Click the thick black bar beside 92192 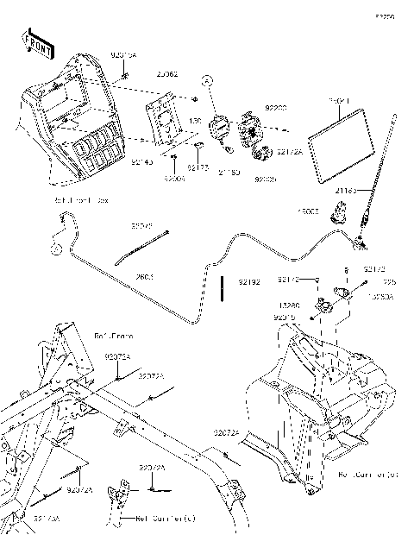(x=223, y=286)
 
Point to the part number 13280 (x=289, y=305)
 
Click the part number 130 (x=195, y=122)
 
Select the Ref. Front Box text (x=81, y=199)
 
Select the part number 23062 (x=168, y=74)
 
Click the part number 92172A (x=289, y=151)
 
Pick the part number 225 (x=390, y=282)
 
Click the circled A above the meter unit (x=208, y=79)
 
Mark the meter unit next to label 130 (x=217, y=127)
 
